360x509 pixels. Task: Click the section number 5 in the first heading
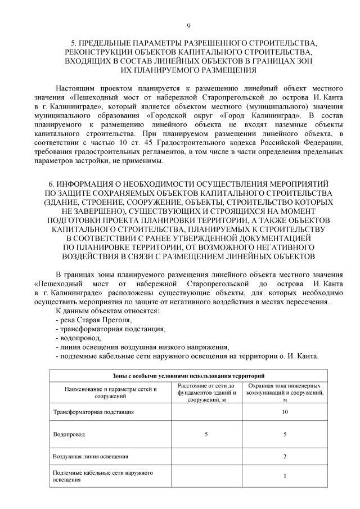[x=73, y=43]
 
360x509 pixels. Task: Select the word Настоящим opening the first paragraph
[x=76, y=89]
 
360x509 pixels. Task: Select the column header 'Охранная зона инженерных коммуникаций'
[x=285, y=392]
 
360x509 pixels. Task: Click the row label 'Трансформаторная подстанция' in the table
[x=93, y=412]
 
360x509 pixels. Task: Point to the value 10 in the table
[x=285, y=412]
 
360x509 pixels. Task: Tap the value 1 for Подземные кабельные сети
[x=285, y=477]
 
